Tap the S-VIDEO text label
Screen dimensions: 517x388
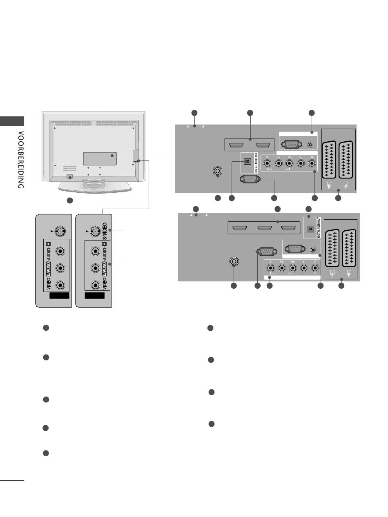point(105,231)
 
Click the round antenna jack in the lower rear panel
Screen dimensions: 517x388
point(234,261)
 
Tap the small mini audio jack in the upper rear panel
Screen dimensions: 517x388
point(311,145)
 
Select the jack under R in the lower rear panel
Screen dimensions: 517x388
point(315,268)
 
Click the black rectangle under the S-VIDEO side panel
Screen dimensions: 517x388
point(95,296)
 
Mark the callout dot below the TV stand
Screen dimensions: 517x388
point(69,201)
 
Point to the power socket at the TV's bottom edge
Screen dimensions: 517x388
point(69,177)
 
